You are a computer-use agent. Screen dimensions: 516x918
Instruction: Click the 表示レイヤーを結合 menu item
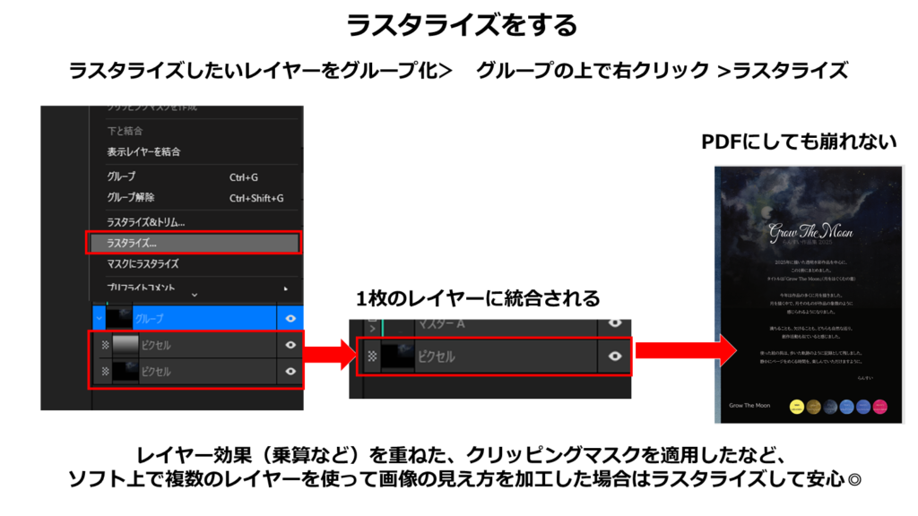tap(143, 151)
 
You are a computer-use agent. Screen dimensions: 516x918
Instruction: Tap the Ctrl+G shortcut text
tap(244, 177)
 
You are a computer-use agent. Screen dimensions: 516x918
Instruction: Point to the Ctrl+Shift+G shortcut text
tap(256, 198)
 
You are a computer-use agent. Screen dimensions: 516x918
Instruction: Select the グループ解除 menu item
tap(131, 198)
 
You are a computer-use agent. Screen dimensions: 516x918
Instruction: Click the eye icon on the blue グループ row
tap(290, 318)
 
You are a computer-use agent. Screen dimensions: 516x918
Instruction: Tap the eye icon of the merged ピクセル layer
tap(614, 357)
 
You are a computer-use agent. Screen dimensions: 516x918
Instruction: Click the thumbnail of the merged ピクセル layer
tap(399, 357)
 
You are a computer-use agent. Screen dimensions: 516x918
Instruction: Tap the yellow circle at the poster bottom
tap(795, 406)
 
